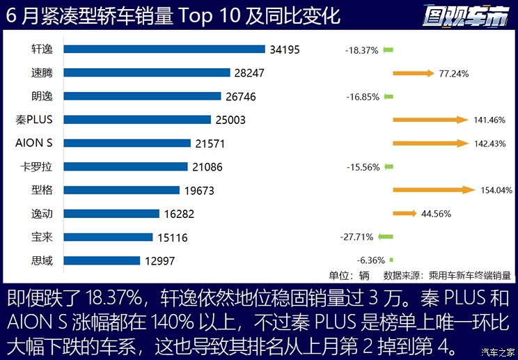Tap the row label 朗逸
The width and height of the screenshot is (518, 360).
(x=42, y=96)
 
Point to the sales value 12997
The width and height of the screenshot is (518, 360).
(x=158, y=261)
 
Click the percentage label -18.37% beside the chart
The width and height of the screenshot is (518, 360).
(x=362, y=50)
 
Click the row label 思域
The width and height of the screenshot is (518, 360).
(x=42, y=261)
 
